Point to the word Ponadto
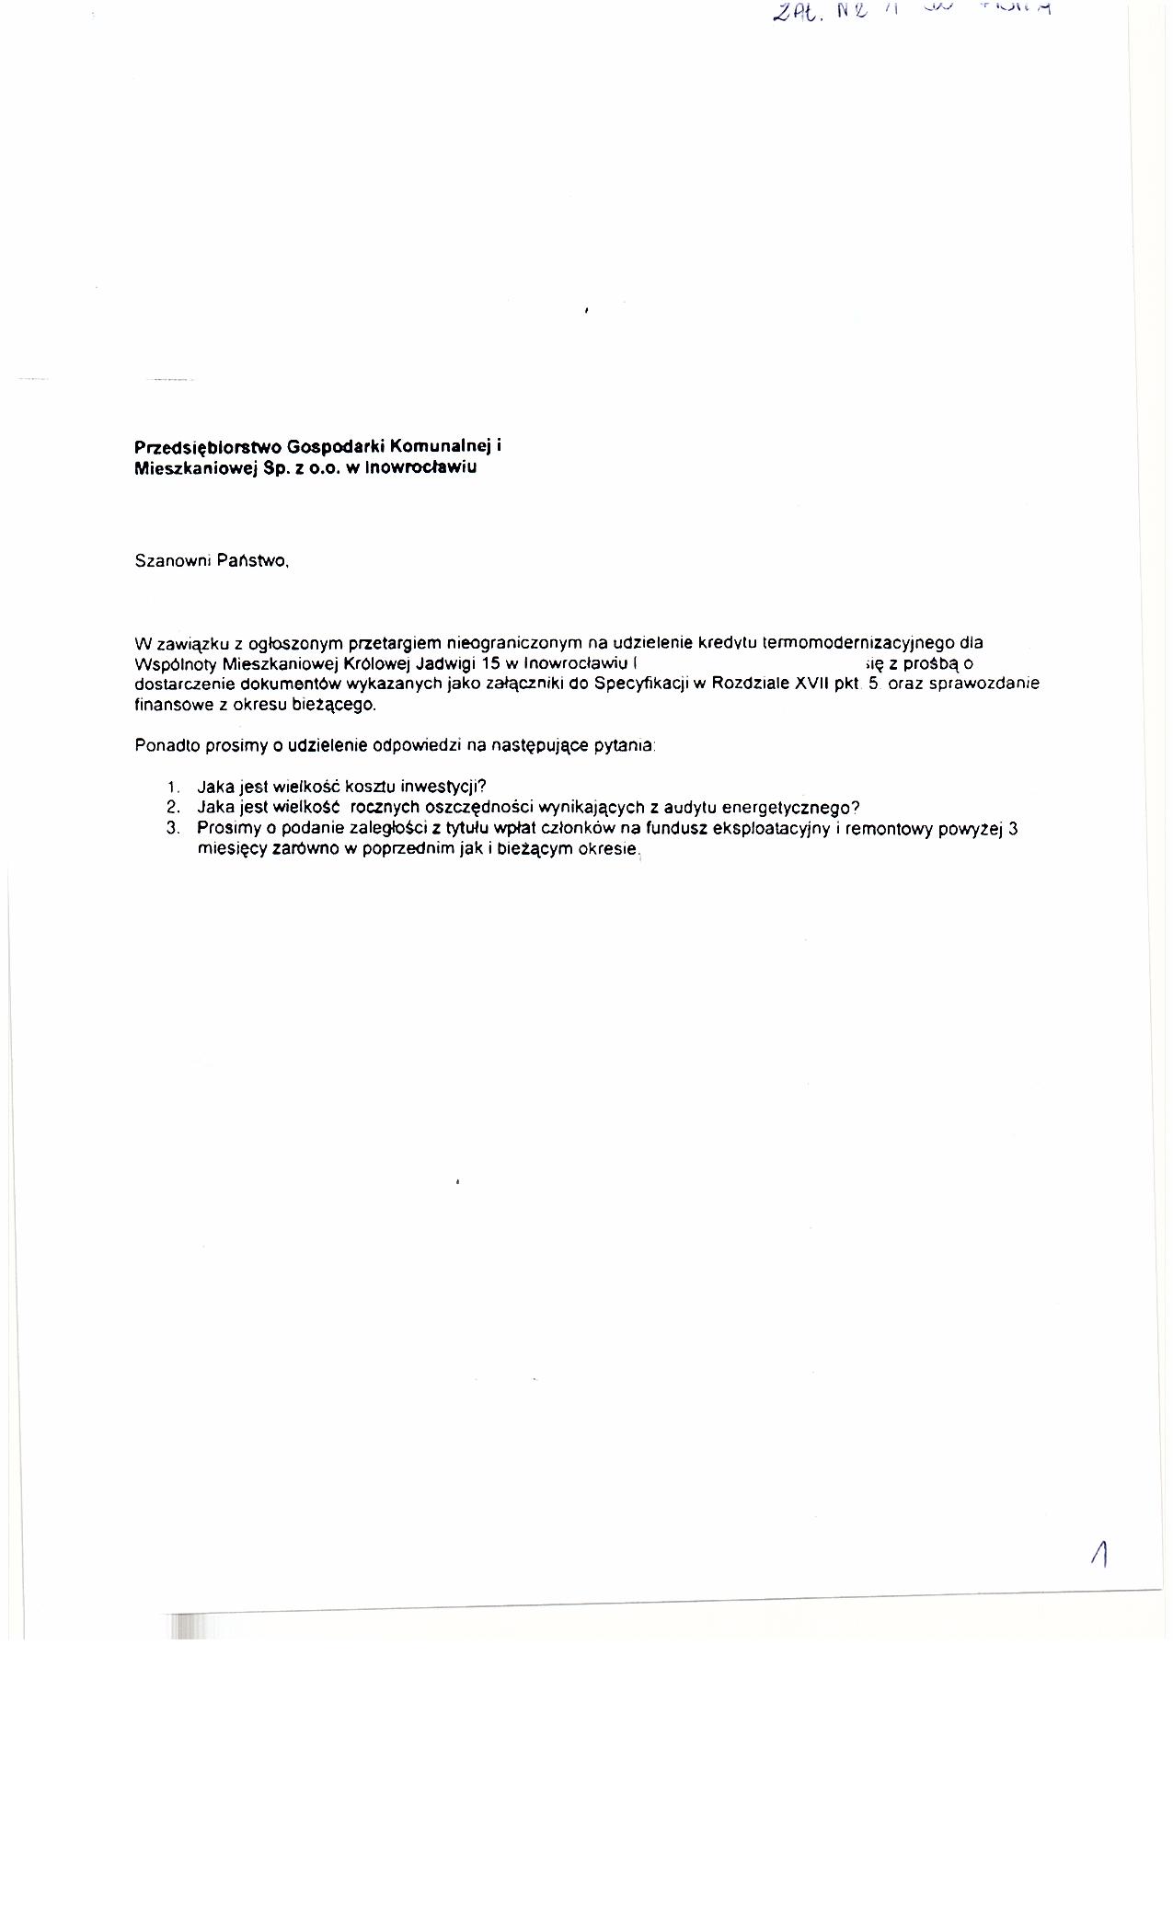(x=162, y=745)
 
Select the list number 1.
(x=172, y=788)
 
